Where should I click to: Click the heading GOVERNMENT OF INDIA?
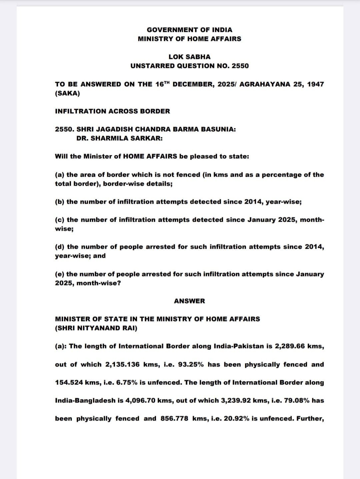pos(189,30)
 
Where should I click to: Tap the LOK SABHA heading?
pos(189,57)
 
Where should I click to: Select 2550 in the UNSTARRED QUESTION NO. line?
pos(240,66)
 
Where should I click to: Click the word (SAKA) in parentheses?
pos(67,93)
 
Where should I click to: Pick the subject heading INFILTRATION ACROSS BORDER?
pos(112,111)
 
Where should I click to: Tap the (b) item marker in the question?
pos(60,202)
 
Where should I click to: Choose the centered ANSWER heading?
pos(189,301)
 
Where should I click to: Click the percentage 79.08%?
pos(297,400)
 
